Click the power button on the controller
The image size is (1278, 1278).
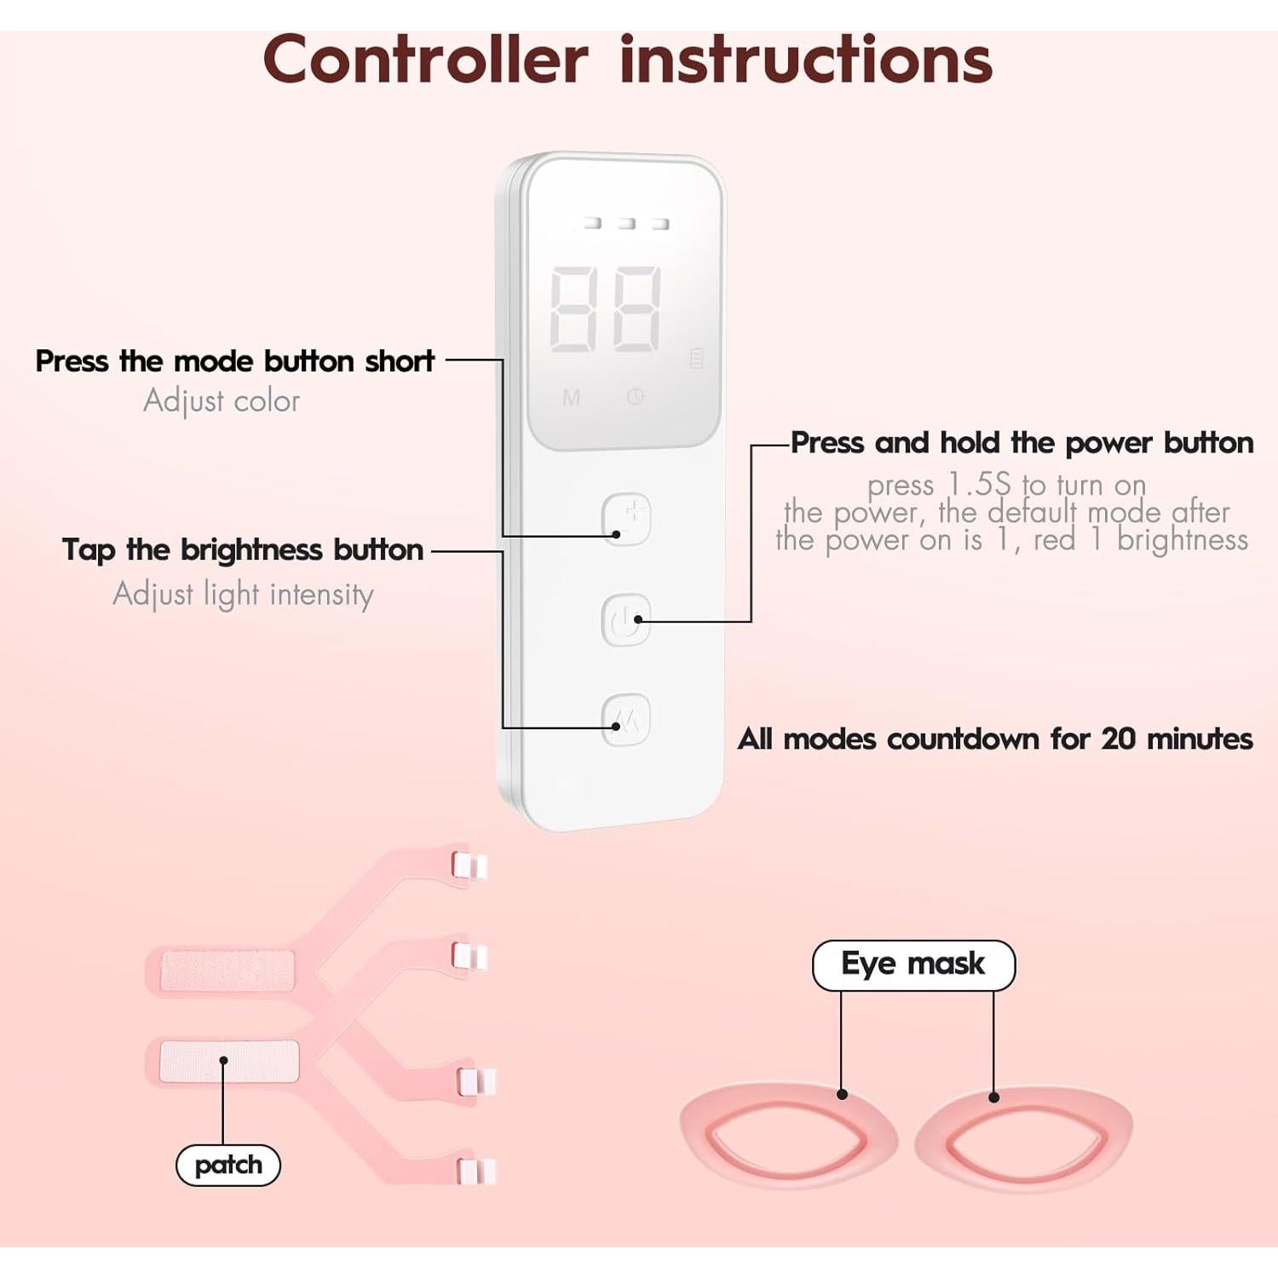coord(626,619)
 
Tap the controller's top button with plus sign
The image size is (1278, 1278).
coord(626,518)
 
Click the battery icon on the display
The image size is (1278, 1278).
coord(696,358)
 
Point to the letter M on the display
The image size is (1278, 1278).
coord(571,397)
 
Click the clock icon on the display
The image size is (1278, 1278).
coord(636,396)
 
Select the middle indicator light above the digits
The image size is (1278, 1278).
coord(626,223)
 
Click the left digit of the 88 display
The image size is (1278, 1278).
coord(573,308)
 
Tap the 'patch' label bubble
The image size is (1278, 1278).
coord(227,1165)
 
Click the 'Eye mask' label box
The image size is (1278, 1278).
coord(913,964)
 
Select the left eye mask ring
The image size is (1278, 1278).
coord(788,1135)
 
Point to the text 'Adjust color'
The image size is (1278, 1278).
coord(222,400)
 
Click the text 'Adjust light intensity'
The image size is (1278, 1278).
coord(243,594)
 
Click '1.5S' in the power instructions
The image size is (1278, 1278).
coord(979,485)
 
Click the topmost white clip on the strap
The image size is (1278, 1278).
coord(469,866)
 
